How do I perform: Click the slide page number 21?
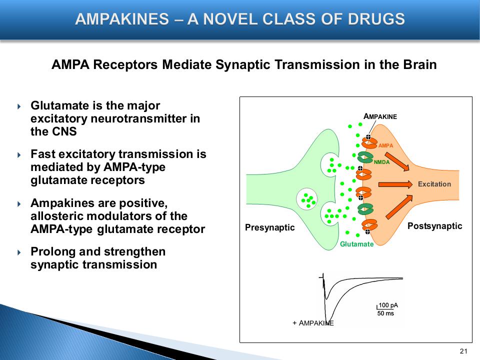[462, 350]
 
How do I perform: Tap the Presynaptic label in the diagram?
[270, 228]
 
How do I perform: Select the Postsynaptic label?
[434, 226]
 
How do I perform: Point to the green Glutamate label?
[356, 244]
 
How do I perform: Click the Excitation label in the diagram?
[434, 184]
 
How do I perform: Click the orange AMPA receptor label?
[386, 145]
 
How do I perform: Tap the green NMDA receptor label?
[381, 162]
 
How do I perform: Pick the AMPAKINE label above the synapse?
[380, 116]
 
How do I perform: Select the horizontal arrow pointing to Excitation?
[394, 184]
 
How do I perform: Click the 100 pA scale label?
[388, 305]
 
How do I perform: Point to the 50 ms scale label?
[385, 313]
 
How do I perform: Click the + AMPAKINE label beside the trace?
[313, 323]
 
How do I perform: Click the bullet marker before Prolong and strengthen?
[19, 251]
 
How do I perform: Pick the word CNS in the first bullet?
[63, 132]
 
